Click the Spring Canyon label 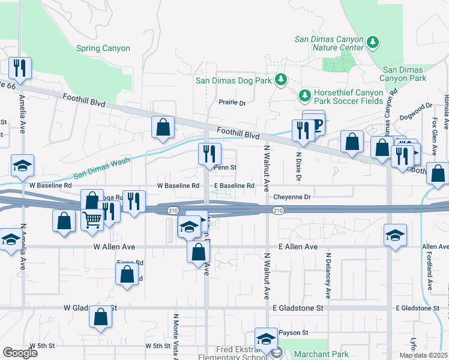103,48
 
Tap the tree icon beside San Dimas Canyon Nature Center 373,43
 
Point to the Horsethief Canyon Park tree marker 304,95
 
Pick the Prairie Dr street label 232,103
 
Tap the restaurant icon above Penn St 210,154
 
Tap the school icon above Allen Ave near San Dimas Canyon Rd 395,235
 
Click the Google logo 20,352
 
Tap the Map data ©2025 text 424,355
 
